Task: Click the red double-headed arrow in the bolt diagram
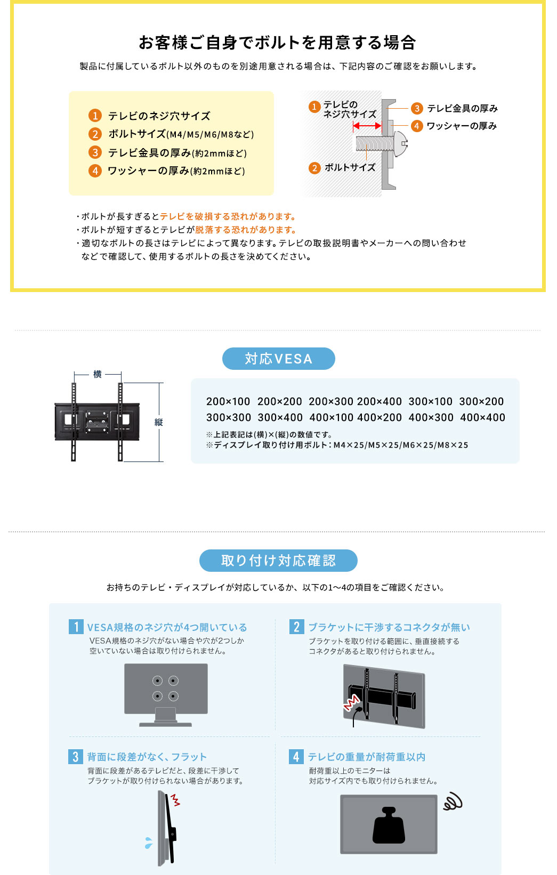tap(367, 126)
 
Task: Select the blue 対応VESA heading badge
tap(278, 359)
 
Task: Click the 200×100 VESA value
tap(228, 401)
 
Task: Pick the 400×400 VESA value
tap(482, 417)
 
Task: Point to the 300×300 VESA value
tap(228, 417)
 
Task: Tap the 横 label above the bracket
tap(98, 374)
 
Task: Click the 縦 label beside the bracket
tap(158, 422)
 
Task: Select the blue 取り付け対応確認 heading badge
tap(278, 561)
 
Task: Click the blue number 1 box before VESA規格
tap(76, 627)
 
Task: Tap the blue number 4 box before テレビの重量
tap(296, 756)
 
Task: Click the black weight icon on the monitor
tap(389, 825)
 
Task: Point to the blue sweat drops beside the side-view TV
tap(148, 842)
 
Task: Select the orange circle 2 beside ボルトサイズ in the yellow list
tap(95, 134)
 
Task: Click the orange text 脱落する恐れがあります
tap(246, 230)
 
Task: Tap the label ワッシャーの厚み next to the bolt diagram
tap(462, 126)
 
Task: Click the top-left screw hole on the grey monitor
tap(157, 680)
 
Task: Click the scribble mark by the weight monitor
tap(452, 801)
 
